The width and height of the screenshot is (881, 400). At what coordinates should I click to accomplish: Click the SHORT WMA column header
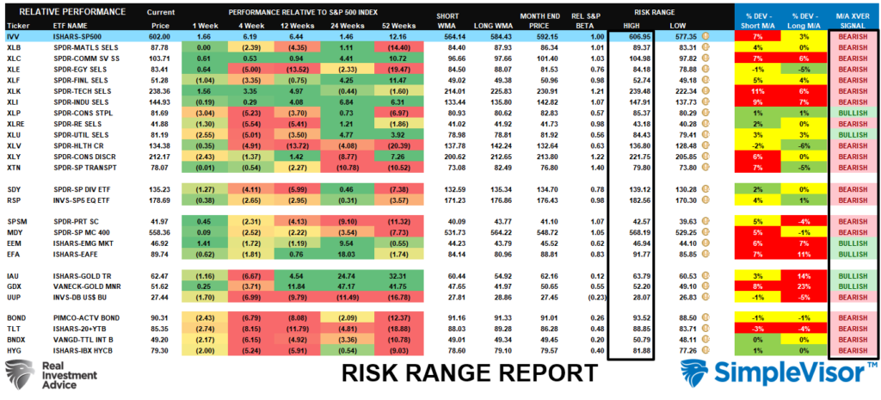click(447, 19)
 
